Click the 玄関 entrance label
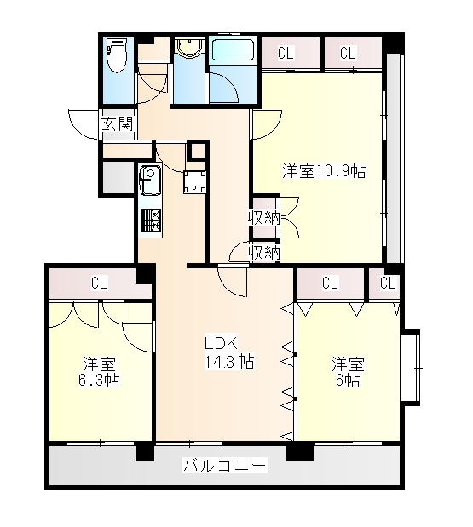118,123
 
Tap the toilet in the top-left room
116,60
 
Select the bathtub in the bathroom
233,50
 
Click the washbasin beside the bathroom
187,51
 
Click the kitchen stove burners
151,222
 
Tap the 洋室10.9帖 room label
324,171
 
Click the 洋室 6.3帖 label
101,371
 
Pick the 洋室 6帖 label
348,372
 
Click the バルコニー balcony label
225,466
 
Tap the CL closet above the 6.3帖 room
100,282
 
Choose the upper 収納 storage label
263,217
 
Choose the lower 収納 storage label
263,252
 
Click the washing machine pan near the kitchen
196,181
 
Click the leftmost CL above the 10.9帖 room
286,53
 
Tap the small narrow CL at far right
388,283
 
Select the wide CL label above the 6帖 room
329,283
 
